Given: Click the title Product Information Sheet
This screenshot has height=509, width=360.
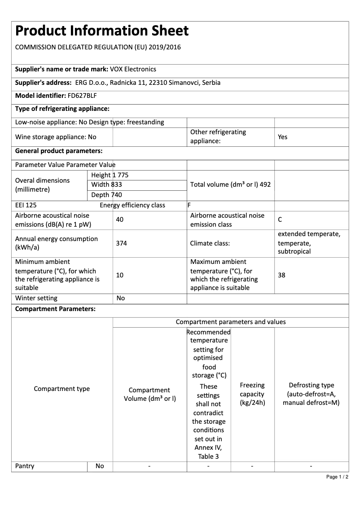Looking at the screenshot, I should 102,31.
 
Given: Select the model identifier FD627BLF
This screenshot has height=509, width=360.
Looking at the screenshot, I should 82,96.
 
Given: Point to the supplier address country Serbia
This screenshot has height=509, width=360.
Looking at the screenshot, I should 211,83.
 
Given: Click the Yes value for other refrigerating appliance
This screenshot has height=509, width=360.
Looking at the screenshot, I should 282,137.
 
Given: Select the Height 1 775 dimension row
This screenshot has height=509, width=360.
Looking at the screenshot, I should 110,175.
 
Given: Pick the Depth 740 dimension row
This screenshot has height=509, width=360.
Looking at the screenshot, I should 106,195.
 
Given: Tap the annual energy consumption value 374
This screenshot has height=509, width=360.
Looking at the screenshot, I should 121,243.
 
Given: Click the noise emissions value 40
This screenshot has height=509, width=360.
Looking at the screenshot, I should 119,220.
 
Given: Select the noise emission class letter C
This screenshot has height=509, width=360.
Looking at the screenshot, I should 280,220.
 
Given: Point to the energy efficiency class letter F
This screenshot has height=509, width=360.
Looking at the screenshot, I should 189,206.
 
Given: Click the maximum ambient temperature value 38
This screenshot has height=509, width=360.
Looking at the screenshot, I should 281,275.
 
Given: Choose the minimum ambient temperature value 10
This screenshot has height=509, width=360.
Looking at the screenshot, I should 119,275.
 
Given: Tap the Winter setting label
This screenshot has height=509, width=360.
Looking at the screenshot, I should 36,298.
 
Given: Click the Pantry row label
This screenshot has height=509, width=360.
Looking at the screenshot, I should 25,466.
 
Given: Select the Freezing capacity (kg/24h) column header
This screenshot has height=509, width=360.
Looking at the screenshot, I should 252,394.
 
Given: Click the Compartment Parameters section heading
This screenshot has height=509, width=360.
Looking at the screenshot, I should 55,309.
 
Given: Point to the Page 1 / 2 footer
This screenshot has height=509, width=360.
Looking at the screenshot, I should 337,477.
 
